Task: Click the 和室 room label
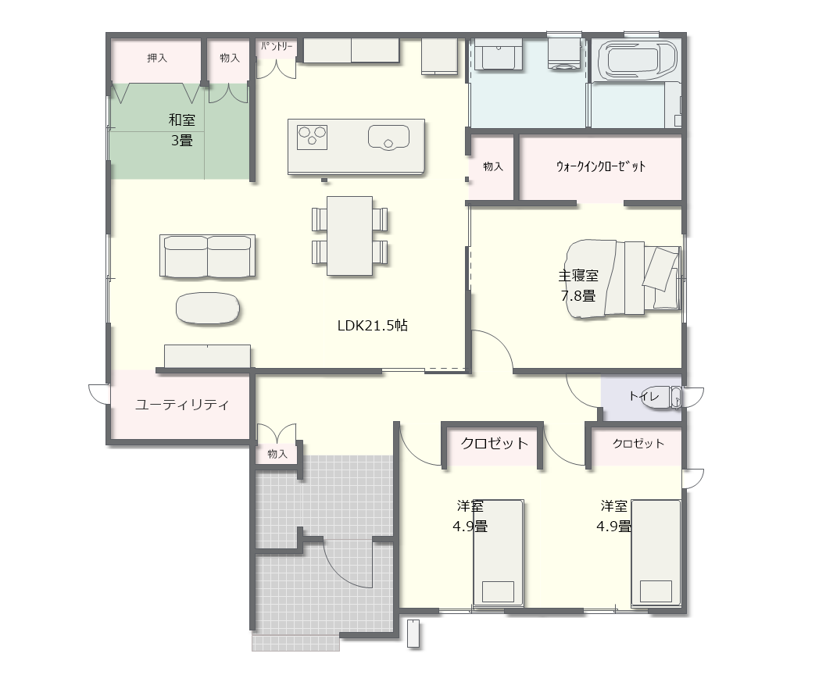[182, 120]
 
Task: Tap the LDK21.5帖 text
[373, 326]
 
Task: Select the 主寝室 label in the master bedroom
[578, 276]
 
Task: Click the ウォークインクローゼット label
[601, 166]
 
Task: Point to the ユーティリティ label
[182, 405]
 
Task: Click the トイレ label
[644, 396]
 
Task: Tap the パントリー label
[277, 46]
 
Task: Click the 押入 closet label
[157, 58]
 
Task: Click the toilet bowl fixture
[668, 398]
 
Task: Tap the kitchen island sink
[388, 138]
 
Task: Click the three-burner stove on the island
[313, 137]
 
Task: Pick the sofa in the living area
[208, 256]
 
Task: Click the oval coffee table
[208, 308]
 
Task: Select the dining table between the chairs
[350, 235]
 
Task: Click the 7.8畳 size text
[578, 296]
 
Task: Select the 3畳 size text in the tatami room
[182, 141]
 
